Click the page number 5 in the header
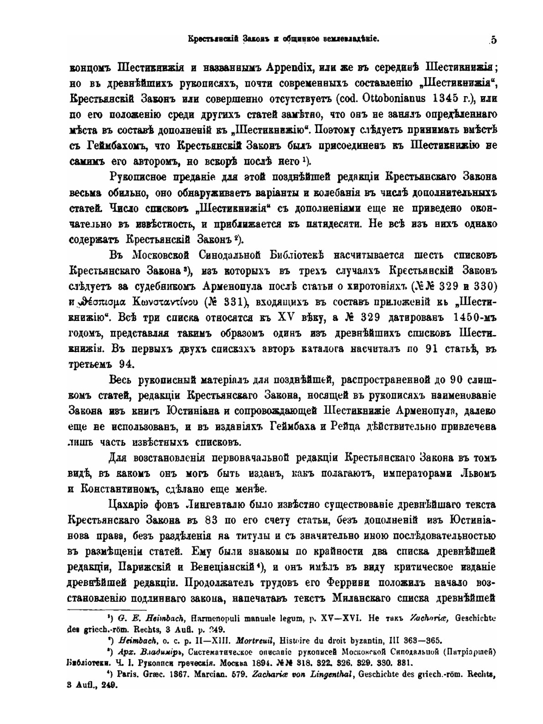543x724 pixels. [x=493, y=39]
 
